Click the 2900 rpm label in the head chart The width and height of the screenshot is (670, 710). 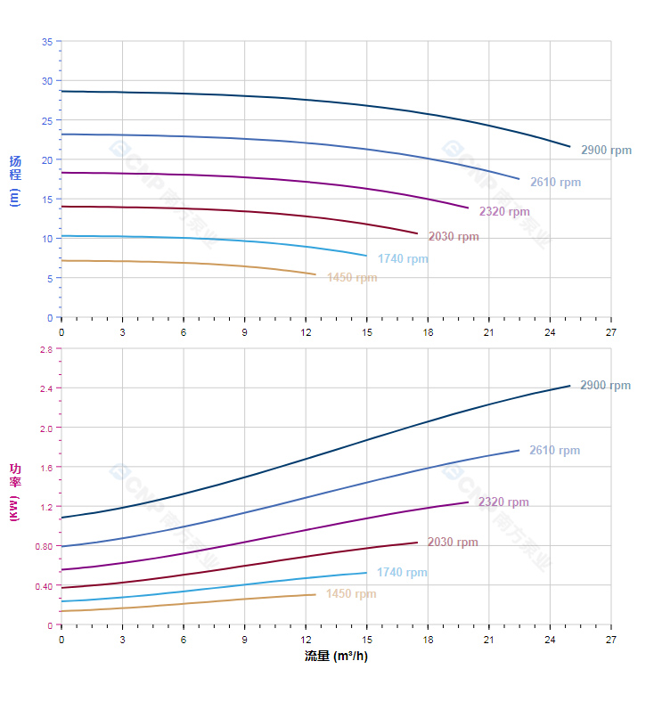[606, 151]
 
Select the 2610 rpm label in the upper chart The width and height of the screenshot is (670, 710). [555, 183]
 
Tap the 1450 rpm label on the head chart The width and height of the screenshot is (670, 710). [351, 278]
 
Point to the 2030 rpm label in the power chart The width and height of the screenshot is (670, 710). [453, 543]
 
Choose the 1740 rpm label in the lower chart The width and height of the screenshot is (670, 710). [402, 573]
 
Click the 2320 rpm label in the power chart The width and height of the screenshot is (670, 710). [503, 502]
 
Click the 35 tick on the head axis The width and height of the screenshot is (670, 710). [46, 42]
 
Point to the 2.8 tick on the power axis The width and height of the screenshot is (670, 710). [45, 349]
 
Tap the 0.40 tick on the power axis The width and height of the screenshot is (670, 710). [44, 586]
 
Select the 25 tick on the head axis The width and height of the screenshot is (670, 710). [46, 120]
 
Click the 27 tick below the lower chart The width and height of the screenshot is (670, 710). [610, 640]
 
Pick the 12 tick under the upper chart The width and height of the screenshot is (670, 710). [306, 332]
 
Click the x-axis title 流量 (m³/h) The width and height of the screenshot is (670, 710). [336, 657]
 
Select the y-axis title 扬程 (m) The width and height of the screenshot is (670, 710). [14, 181]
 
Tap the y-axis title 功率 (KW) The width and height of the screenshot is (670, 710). [14, 492]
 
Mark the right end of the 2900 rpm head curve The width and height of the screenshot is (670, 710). [570, 146]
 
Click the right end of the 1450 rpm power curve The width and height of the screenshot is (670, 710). [315, 594]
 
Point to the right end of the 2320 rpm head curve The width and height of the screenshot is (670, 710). [469, 208]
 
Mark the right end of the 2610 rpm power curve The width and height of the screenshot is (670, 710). [519, 450]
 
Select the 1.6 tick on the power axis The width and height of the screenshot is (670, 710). [45, 468]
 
